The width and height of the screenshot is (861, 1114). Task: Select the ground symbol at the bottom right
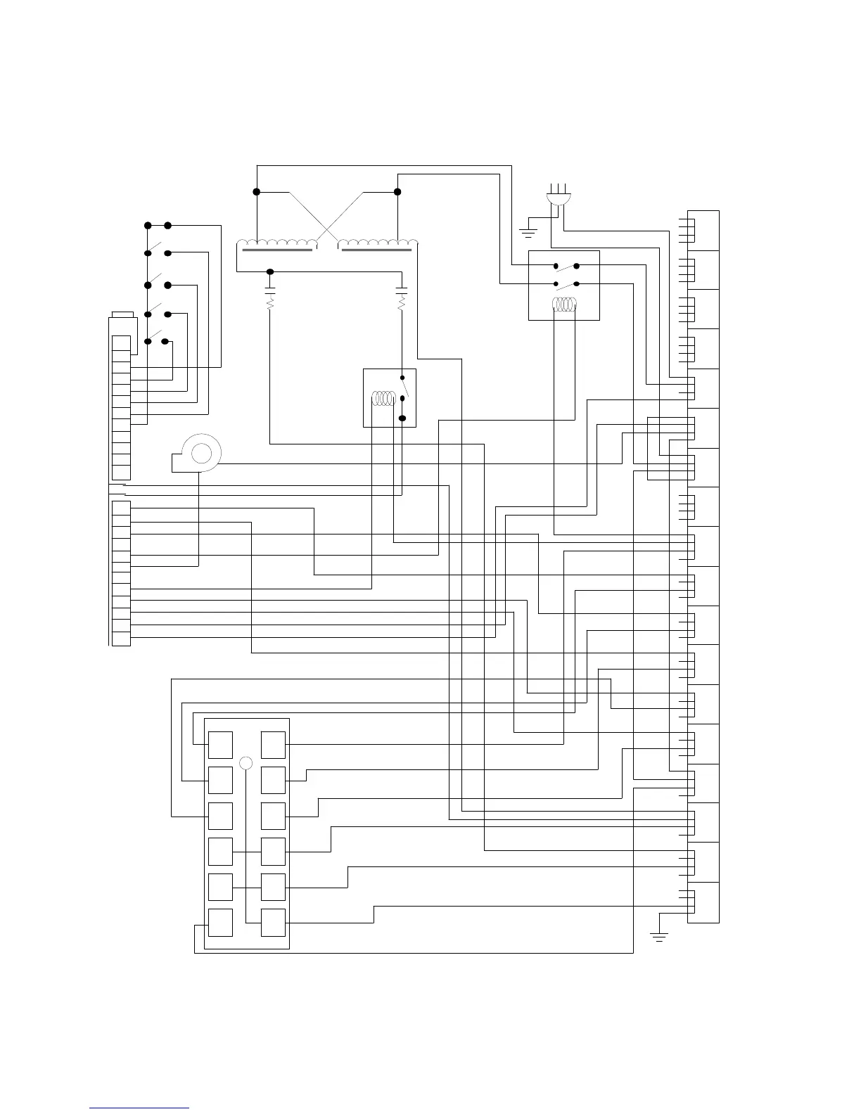click(x=659, y=935)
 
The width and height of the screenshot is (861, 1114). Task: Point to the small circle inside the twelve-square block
click(x=245, y=762)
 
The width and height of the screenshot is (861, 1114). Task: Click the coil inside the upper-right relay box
click(x=564, y=305)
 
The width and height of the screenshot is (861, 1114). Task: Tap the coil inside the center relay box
click(x=384, y=399)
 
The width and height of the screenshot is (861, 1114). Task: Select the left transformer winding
click(x=276, y=245)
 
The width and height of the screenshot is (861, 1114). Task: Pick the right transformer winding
click(x=378, y=245)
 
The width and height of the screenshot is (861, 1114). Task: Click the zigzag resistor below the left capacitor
click(x=270, y=303)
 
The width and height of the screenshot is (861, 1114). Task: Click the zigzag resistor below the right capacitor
click(x=402, y=303)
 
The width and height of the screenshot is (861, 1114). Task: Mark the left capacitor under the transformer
click(x=270, y=289)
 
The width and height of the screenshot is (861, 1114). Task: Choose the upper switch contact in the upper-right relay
click(x=566, y=267)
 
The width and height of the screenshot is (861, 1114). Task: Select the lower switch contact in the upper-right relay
click(x=566, y=284)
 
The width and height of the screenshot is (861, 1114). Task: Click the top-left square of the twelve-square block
click(x=220, y=744)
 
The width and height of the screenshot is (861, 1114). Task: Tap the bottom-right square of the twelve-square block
click(x=273, y=922)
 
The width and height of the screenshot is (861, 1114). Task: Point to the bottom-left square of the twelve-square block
click(x=220, y=922)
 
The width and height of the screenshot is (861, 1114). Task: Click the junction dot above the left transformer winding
click(x=257, y=191)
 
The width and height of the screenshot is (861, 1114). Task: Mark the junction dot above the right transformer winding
click(x=397, y=191)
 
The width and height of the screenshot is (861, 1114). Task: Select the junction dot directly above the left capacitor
click(x=270, y=271)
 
